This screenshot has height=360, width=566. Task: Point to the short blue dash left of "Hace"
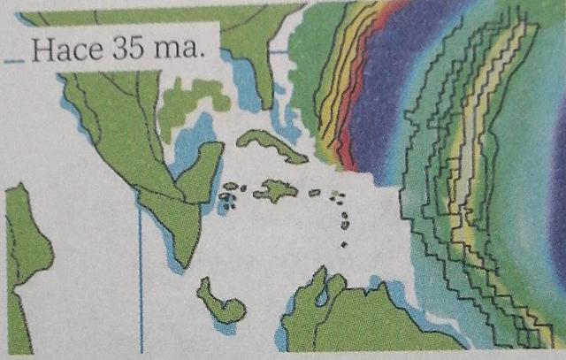[14, 63]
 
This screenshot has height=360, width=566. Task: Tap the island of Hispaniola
[276, 189]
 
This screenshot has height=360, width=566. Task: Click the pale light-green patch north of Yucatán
[190, 97]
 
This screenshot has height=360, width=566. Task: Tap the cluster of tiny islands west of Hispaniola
[230, 195]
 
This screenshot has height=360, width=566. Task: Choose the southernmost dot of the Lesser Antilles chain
[344, 243]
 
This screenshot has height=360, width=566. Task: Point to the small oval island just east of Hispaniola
[314, 192]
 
